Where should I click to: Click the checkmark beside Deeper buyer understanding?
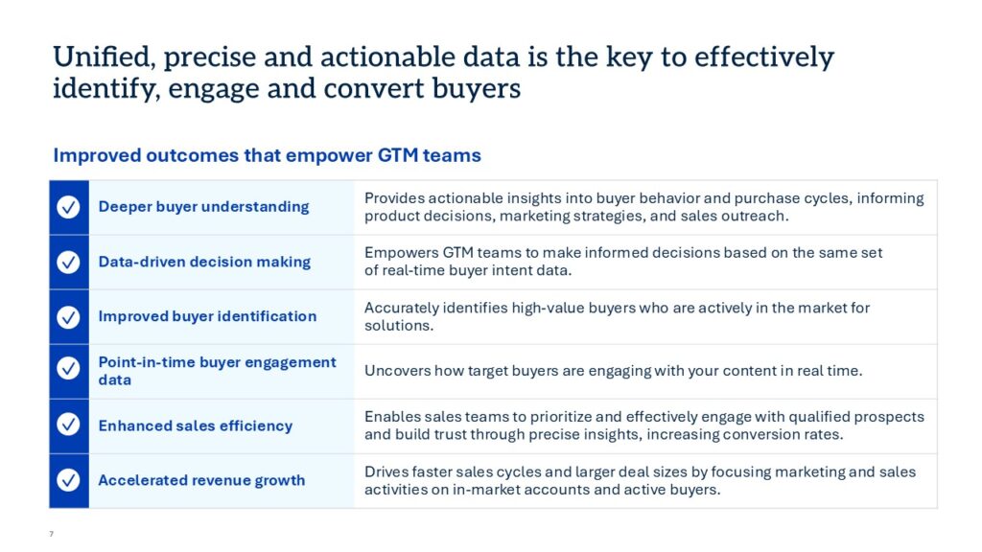(x=68, y=207)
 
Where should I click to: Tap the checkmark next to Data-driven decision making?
(x=68, y=262)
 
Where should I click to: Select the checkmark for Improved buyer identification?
(x=68, y=316)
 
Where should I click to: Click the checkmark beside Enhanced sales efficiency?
(x=68, y=425)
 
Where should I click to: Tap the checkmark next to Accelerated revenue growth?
(x=68, y=480)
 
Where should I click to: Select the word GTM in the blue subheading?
(x=398, y=155)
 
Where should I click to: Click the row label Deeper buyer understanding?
(x=203, y=207)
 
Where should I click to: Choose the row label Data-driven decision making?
(x=204, y=262)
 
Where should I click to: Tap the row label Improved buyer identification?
(x=207, y=316)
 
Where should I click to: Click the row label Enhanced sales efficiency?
(x=196, y=425)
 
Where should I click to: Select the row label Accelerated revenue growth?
(x=201, y=480)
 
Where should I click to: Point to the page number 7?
(x=52, y=534)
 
